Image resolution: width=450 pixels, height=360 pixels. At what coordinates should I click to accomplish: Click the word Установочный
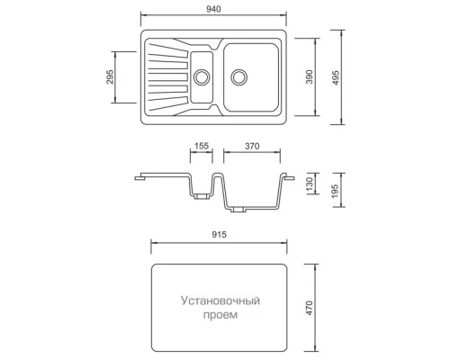tap(220, 301)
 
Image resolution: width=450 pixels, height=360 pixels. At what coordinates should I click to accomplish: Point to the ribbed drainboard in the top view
tap(168, 77)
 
